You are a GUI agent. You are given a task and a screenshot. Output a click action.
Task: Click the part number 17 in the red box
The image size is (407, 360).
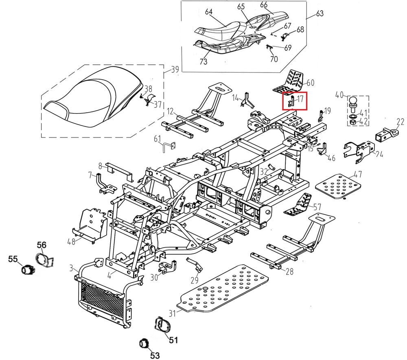point(300,98)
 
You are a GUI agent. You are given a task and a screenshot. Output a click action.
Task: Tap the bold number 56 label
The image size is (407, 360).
point(42,244)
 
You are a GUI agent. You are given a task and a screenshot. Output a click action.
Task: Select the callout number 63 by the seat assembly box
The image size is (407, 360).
point(319,14)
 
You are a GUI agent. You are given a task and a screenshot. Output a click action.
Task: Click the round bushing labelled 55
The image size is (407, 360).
point(28,269)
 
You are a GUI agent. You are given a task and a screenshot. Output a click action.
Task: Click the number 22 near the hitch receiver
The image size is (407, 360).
point(400,122)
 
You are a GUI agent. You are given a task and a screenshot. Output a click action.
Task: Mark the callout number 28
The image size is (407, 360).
point(289,272)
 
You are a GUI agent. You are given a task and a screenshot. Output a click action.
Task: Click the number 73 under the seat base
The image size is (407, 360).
point(203,61)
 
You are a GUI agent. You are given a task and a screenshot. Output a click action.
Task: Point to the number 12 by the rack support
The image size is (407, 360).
point(170,111)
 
